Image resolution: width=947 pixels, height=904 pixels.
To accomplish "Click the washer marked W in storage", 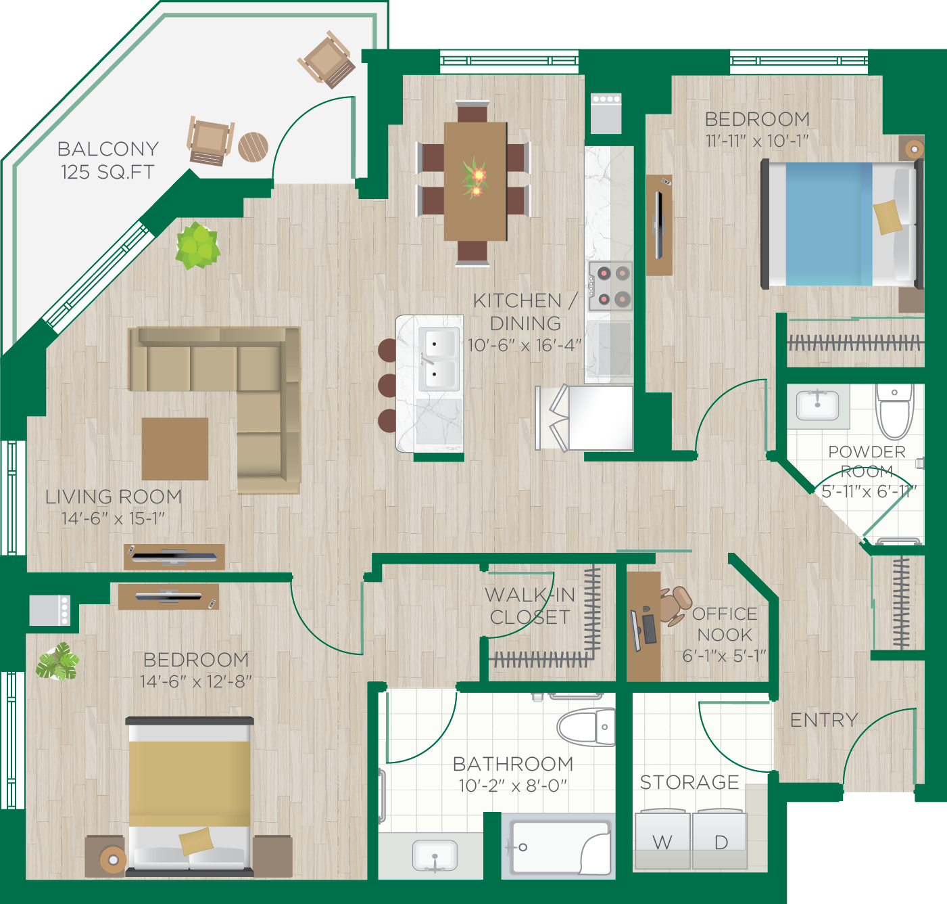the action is click(x=663, y=838).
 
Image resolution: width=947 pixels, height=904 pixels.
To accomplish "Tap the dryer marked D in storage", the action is click(x=720, y=838).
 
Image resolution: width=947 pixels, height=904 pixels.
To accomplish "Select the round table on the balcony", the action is click(x=253, y=147).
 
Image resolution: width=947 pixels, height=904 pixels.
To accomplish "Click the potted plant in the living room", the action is click(x=197, y=246).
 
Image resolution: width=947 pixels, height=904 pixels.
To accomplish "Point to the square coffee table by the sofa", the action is click(x=175, y=449).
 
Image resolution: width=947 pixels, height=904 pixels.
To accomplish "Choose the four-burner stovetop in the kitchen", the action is click(x=610, y=286).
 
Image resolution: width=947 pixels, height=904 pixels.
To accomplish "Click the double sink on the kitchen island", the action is click(x=438, y=359).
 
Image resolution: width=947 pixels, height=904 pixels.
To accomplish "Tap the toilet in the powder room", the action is click(x=894, y=411).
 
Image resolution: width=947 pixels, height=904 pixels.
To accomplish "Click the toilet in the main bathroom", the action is click(x=586, y=727).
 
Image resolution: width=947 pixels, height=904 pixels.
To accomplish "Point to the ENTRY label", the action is click(x=824, y=720).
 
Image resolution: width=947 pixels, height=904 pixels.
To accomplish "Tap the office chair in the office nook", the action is click(x=675, y=605).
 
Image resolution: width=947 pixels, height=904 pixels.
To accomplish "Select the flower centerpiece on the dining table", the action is click(x=475, y=177).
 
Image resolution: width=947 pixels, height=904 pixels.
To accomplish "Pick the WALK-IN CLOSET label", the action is click(x=530, y=606).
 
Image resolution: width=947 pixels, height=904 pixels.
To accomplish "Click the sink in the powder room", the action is click(x=817, y=405).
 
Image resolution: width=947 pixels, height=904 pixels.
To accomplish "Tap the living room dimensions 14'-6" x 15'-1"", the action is click(x=113, y=518).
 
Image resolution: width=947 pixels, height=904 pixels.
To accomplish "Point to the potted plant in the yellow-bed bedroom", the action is click(x=58, y=661).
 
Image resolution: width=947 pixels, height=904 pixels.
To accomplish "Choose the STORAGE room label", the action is click(x=689, y=782).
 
